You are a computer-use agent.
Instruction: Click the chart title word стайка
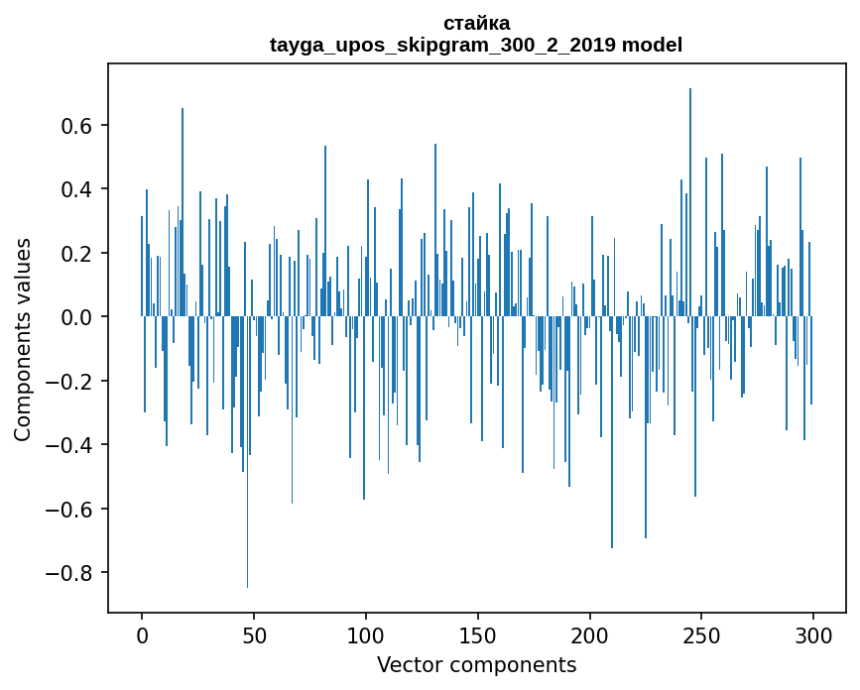[476, 23]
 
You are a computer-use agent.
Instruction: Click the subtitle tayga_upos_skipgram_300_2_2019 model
[476, 45]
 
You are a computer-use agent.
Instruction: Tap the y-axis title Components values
[22, 339]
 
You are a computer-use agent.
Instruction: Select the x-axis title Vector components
[476, 664]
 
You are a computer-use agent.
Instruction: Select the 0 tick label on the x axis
[142, 633]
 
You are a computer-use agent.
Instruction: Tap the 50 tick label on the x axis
[254, 633]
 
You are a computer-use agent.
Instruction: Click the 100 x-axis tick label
[366, 633]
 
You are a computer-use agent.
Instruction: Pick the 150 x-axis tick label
[478, 633]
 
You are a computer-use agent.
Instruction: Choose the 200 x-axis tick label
[590, 633]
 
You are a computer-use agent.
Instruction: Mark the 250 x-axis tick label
[702, 633]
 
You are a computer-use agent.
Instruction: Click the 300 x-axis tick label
[814, 633]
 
